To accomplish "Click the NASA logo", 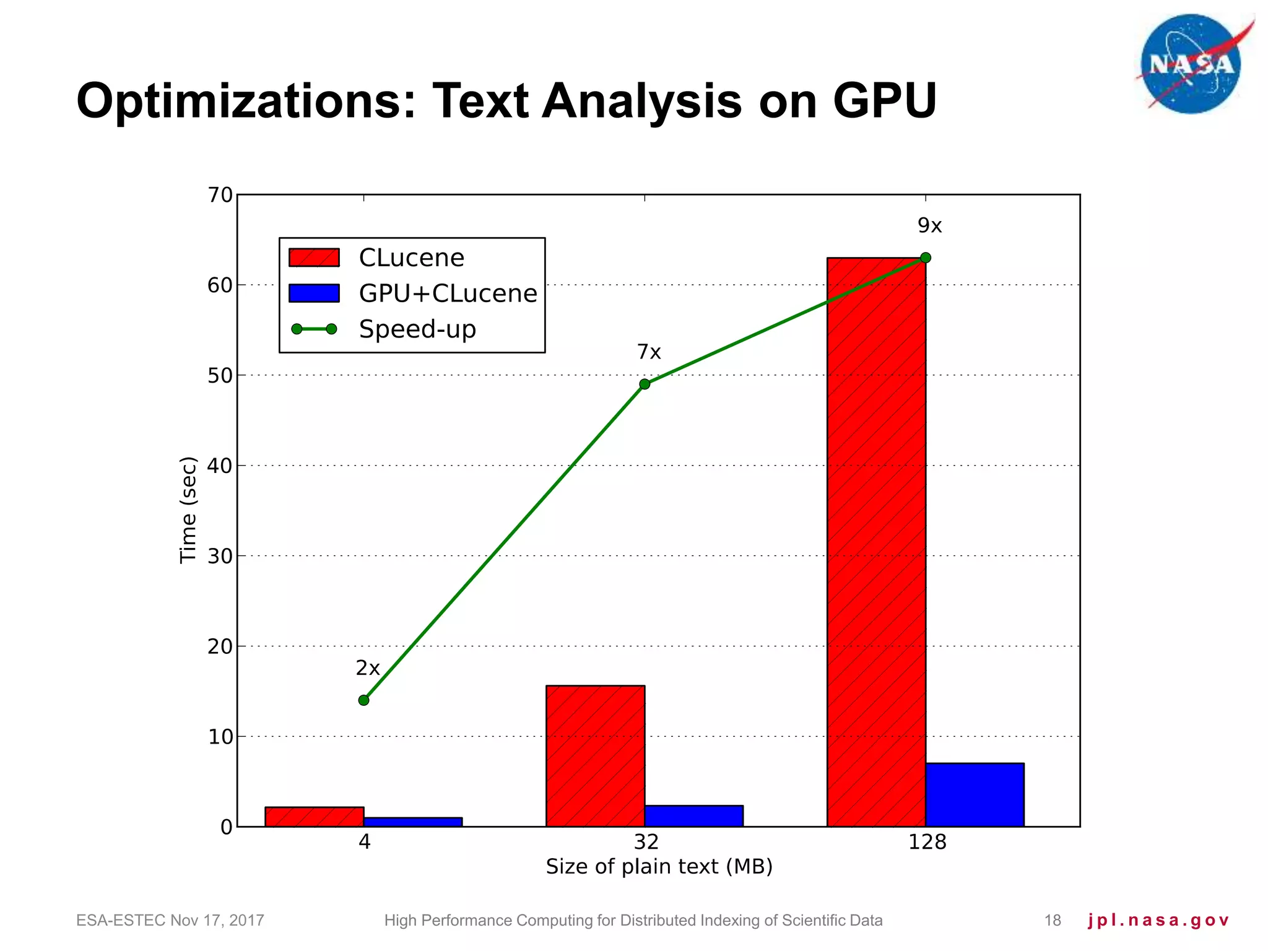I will [x=1191, y=64].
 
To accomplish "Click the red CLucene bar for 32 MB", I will [x=595, y=755].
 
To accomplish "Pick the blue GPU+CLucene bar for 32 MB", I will [x=693, y=815].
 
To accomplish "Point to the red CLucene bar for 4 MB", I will [x=314, y=817].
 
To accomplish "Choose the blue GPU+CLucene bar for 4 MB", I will [x=412, y=822].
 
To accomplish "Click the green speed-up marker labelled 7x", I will [x=645, y=384].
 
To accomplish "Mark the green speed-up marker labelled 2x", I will [x=363, y=700].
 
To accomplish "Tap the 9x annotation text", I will [x=929, y=226].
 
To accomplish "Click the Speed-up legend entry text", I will [x=417, y=329].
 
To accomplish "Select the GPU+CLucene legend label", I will [x=448, y=293].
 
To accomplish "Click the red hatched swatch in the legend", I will [x=314, y=258].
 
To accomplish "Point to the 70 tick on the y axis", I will [x=220, y=195].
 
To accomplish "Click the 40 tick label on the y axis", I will [x=220, y=466].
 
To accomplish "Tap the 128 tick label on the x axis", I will [x=927, y=842].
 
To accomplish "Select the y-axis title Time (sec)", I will [x=188, y=510].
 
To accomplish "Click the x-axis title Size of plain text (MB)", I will [x=659, y=866].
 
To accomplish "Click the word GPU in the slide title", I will [x=884, y=100].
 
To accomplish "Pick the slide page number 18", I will [x=1053, y=921].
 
